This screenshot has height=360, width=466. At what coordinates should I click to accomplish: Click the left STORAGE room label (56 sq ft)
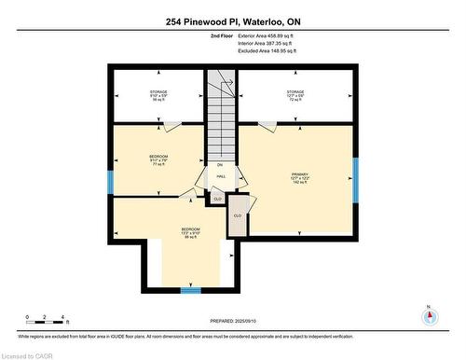point(158,95)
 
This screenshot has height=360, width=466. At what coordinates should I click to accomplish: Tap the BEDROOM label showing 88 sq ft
point(190,233)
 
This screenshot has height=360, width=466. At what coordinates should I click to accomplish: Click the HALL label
point(222,176)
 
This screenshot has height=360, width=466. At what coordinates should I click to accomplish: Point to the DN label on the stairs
point(222,164)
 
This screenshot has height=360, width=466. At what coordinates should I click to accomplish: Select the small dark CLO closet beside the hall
point(217,198)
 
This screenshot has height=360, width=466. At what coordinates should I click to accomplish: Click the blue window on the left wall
point(109,182)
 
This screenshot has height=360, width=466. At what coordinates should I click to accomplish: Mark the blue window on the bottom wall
point(190,290)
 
